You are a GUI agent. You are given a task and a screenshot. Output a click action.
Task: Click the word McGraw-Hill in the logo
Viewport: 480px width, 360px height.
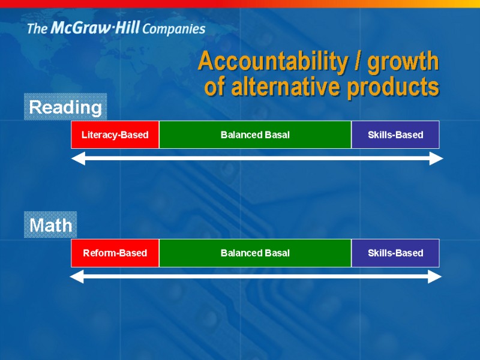(x=95, y=28)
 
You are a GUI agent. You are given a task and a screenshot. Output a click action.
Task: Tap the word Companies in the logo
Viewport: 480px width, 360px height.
(x=174, y=29)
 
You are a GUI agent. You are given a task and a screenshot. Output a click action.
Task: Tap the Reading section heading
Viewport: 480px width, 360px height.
(x=65, y=107)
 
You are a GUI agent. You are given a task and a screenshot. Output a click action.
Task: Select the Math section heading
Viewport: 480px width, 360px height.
(x=50, y=225)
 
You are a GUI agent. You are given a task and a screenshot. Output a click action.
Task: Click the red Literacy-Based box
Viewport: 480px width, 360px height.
(x=115, y=134)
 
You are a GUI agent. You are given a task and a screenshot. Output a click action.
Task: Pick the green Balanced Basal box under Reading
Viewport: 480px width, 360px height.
(x=256, y=134)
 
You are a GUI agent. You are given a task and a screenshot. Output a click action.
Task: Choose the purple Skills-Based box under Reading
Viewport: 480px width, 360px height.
(x=395, y=134)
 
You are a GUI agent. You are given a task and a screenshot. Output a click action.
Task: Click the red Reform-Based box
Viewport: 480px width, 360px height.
(x=115, y=253)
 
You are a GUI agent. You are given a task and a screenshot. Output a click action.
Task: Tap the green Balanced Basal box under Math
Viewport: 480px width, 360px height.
(x=256, y=253)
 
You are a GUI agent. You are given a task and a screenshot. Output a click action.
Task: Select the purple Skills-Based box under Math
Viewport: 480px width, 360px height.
(x=395, y=253)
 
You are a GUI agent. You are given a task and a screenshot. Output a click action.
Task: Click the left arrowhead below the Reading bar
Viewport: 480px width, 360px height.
(x=78, y=158)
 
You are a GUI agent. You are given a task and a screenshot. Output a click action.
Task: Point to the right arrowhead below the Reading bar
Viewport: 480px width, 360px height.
(x=436, y=158)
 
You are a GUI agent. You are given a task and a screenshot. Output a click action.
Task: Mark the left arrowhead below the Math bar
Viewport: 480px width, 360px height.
(x=77, y=277)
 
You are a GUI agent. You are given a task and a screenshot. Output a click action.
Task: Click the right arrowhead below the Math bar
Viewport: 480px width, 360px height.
(x=434, y=277)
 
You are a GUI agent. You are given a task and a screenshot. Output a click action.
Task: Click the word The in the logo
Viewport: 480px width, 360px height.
(x=37, y=28)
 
